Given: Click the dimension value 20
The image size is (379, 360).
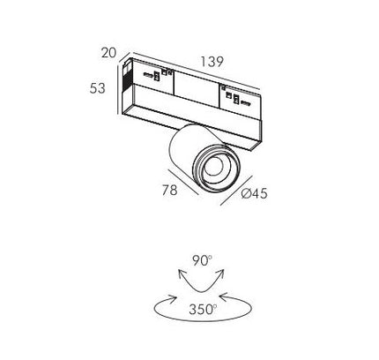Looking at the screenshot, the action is tap(108, 53).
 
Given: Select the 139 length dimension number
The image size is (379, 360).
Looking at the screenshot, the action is tap(212, 62).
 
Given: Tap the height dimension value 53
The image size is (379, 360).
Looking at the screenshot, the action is tap(97, 88).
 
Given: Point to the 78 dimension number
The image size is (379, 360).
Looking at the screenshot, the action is tap(170, 190).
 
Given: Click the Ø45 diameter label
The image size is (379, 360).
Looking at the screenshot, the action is tap(254, 193).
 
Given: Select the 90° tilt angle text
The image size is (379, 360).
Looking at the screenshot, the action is tap(202, 260).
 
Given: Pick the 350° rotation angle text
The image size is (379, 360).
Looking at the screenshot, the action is tap(203, 310).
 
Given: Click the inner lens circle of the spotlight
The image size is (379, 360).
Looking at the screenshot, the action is tap(213, 167).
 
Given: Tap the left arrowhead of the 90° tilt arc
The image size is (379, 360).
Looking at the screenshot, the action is tap(181, 274).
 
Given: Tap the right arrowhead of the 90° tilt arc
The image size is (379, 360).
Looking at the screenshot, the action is tap(221, 274).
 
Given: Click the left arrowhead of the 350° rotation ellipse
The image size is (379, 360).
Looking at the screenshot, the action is tap(172, 298).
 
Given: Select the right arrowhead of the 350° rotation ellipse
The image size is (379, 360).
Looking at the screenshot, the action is tap(224, 297).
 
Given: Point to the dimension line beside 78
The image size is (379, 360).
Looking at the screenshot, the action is tap(183, 182).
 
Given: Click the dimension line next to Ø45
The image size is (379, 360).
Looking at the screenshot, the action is tap(236, 191).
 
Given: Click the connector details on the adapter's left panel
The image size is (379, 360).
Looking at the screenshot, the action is tap(158, 75).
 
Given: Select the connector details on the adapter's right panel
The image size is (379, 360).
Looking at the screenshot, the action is tap(236, 96).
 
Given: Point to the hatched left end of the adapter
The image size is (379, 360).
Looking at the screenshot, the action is tap(127, 76).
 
